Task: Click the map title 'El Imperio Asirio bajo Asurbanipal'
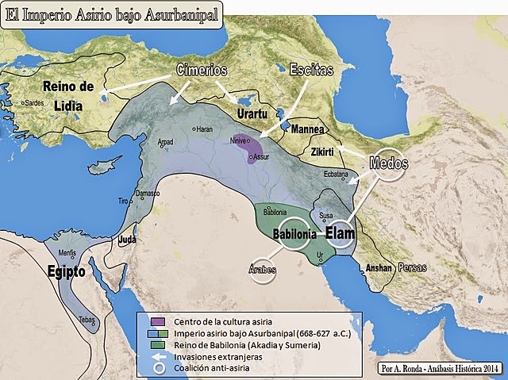pos(111,13)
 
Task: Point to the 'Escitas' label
pos(311,69)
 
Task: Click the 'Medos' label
pos(389,164)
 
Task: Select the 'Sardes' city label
pos(35,103)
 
